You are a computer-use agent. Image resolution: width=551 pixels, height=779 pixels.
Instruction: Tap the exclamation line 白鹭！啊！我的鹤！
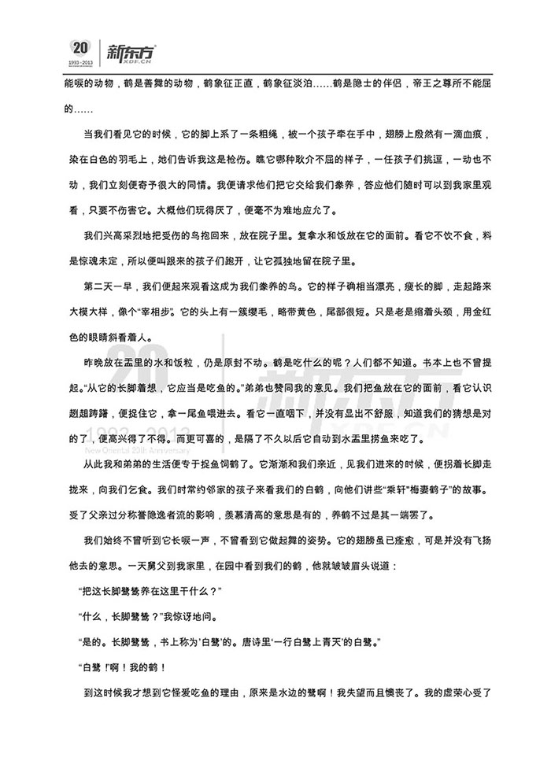click(120, 669)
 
